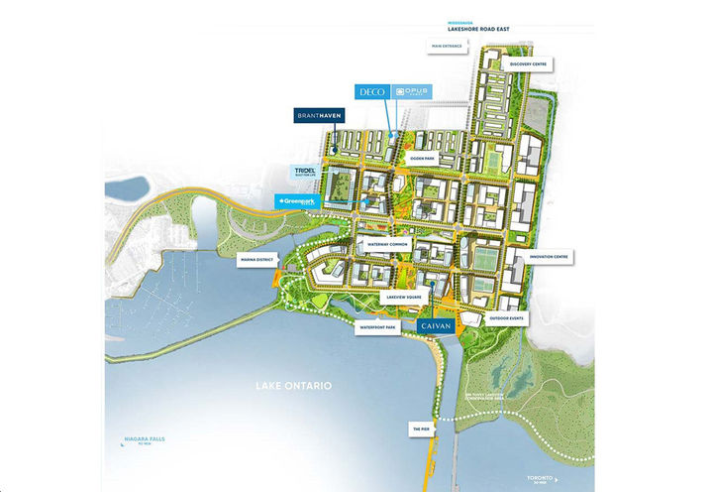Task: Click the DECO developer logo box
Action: coord(372,91)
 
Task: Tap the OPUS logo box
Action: coord(409,91)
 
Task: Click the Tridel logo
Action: coord(305,173)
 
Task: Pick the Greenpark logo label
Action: coord(303,201)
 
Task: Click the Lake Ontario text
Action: coord(292,385)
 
